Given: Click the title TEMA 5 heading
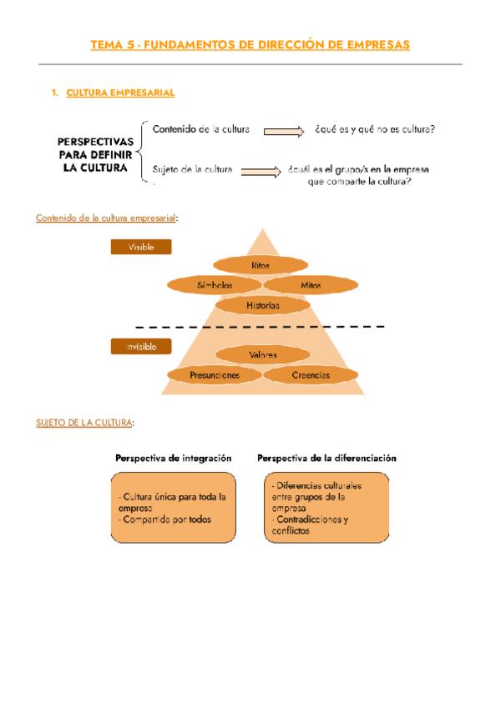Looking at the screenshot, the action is point(250,45).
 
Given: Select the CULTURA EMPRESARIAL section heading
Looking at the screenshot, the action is point(119,93).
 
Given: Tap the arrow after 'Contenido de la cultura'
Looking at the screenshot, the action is point(280,131).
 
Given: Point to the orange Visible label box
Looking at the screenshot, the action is point(141,247).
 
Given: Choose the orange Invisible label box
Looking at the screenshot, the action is point(141,346).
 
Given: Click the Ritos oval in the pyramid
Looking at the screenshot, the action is point(261,265).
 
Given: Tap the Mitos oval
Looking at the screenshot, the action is point(311,285).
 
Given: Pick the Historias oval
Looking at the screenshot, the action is point(262,306).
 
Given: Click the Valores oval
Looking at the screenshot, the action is point(262,355).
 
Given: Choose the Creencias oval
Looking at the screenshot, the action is point(311,375).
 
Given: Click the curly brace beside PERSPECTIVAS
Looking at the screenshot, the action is point(146,151).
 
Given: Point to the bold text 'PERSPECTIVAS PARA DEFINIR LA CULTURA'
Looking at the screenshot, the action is point(93,153).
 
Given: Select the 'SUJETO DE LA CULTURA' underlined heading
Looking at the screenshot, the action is point(83,423).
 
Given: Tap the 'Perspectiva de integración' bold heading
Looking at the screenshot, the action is point(173,459).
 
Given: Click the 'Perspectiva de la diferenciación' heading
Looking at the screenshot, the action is point(326,459).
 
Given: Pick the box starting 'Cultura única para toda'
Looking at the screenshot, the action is point(173,508).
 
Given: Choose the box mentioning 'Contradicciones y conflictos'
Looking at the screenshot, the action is point(326,508).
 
